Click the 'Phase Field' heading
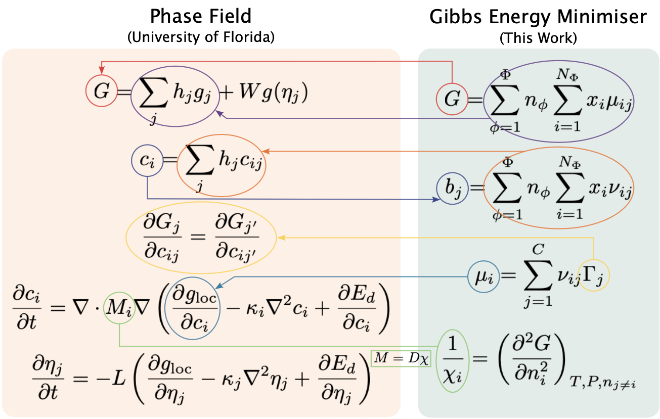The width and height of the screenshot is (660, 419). [201, 16]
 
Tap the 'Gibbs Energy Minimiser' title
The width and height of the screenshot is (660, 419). [538, 17]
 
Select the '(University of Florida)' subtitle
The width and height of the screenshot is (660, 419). [201, 38]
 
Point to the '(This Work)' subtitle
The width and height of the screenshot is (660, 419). [538, 38]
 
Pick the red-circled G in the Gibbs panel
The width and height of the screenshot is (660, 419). [452, 99]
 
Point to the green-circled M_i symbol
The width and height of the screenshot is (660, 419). [119, 309]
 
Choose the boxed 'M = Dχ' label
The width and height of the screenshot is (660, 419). [401, 358]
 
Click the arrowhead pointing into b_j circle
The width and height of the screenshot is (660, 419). [435, 200]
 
